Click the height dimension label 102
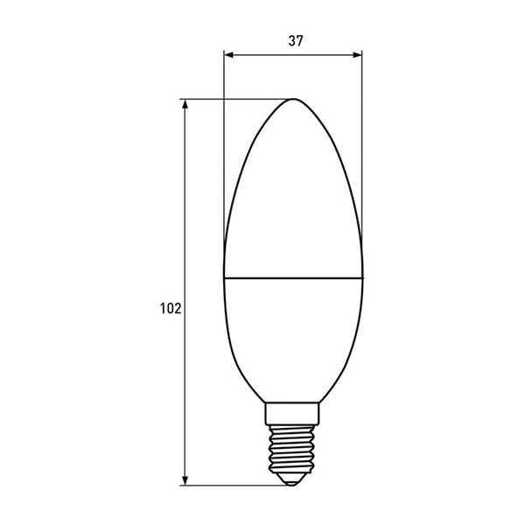(x=170, y=308)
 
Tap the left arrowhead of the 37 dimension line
(x=229, y=55)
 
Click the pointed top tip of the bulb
(x=293, y=99)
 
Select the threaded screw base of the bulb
(x=294, y=445)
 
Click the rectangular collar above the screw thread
(x=294, y=411)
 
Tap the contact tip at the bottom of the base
(x=294, y=478)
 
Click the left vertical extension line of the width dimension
(x=224, y=157)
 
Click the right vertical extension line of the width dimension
(x=362, y=157)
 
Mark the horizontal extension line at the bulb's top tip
(x=236, y=98)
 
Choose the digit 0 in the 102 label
(x=170, y=308)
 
